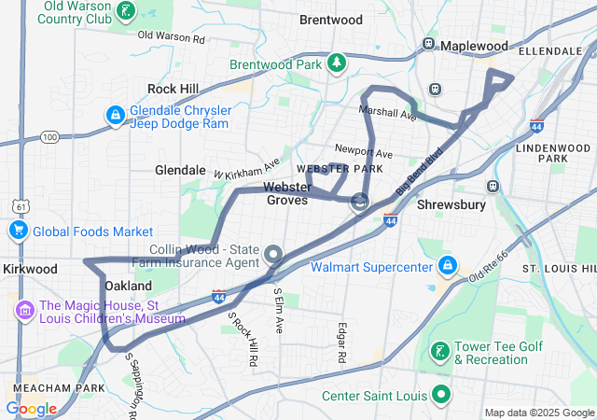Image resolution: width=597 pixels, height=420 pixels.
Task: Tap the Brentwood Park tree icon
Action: click(335, 64)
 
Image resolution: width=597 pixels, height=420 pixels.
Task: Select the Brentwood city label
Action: click(330, 20)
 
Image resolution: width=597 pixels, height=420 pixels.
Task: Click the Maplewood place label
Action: click(474, 46)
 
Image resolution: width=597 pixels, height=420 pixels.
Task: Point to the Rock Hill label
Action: click(173, 89)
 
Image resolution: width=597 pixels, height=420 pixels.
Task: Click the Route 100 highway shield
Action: click(49, 137)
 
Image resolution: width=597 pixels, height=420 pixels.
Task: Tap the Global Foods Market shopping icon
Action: click(18, 231)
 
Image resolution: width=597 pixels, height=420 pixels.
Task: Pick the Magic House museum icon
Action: click(23, 309)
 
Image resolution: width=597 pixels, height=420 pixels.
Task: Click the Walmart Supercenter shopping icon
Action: click(448, 267)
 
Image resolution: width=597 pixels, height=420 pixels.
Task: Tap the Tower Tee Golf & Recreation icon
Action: click(438, 353)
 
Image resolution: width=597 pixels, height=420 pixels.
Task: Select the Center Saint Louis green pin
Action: click(438, 395)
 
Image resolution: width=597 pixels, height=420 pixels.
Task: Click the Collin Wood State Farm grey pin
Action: click(272, 254)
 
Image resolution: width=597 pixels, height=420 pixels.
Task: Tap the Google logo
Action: click(32, 408)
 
